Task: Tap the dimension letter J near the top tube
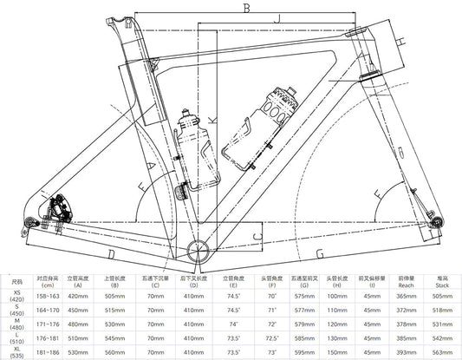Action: coord(277,17)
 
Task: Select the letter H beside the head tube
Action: coord(400,41)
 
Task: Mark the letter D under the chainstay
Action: coord(111,253)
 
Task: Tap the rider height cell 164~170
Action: coord(46,309)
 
